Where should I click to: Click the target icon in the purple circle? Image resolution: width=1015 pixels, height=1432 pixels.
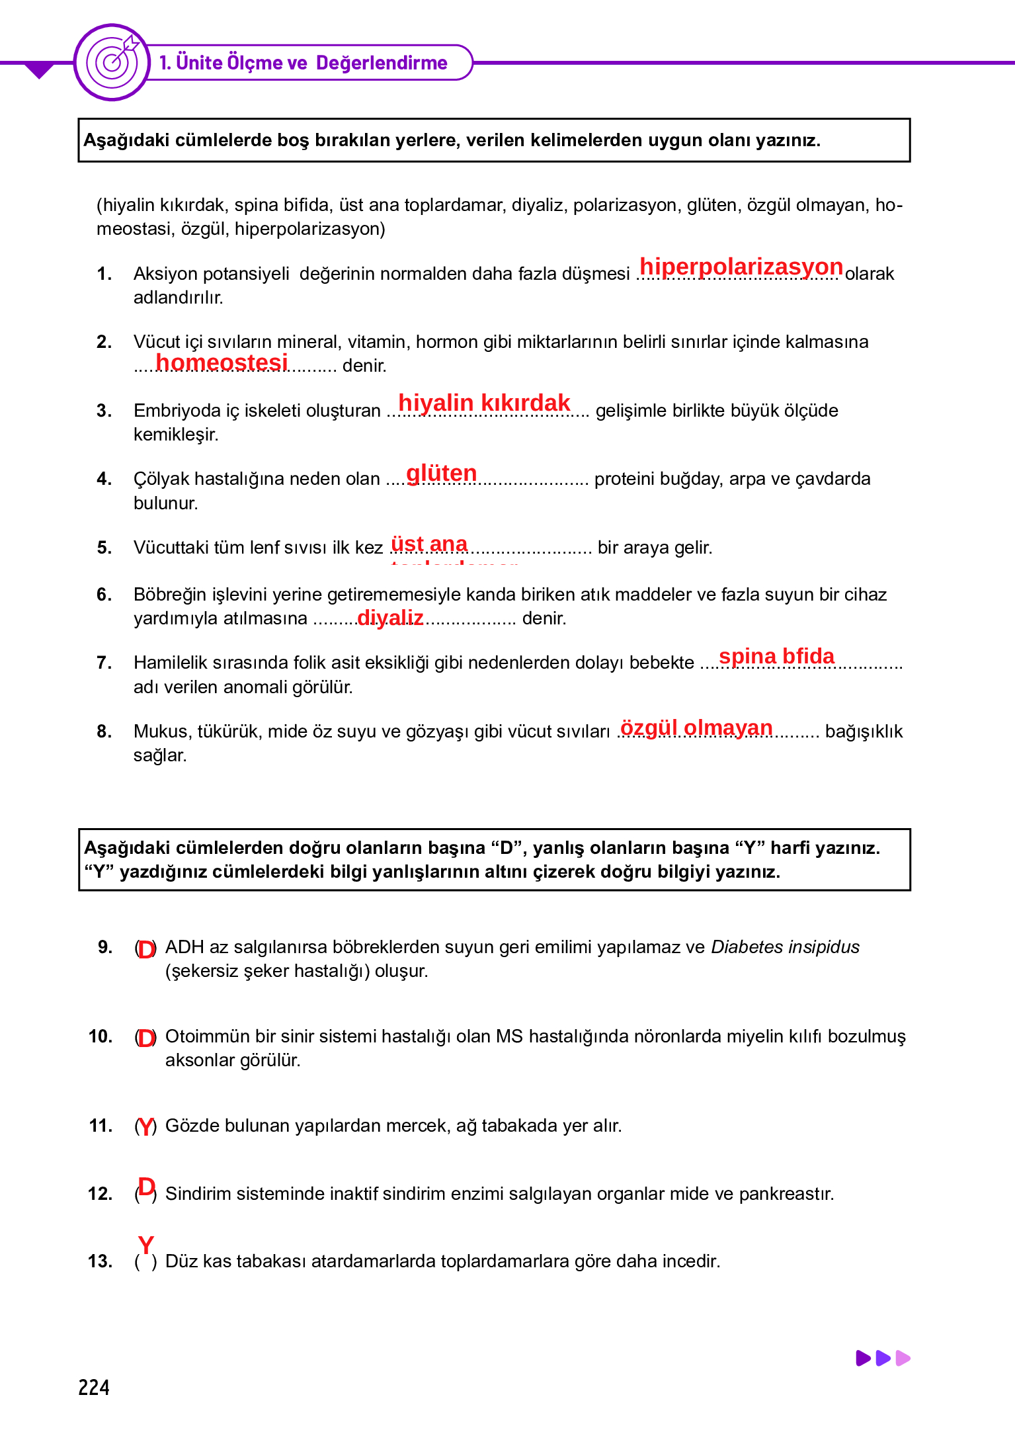113,62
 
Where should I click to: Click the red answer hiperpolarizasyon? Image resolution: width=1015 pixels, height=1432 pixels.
741,267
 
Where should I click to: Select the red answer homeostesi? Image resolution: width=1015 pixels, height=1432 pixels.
222,362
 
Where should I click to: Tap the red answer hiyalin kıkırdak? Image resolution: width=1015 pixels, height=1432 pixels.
484,402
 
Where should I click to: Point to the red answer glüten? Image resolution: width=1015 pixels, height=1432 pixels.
441,473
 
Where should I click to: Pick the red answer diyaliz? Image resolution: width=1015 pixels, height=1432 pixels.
390,617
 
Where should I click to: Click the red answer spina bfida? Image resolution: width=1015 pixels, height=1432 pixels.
776,656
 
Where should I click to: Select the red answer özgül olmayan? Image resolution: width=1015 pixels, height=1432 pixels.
696,728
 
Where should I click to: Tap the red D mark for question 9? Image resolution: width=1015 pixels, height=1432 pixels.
145,949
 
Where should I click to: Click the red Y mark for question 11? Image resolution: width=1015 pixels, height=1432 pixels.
145,1126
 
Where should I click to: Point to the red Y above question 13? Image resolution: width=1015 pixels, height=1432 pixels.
145,1245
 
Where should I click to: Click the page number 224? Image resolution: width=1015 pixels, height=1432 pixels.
94,1387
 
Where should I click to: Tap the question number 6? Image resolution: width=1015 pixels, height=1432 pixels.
104,595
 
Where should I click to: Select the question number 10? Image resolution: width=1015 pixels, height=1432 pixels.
101,1036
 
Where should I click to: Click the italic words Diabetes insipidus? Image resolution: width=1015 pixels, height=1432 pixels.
785,947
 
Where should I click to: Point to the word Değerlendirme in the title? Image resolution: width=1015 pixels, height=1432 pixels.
382,63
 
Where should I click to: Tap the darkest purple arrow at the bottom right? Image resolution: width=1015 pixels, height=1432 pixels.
863,1358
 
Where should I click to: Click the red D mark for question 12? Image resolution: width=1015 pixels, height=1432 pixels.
146,1187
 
